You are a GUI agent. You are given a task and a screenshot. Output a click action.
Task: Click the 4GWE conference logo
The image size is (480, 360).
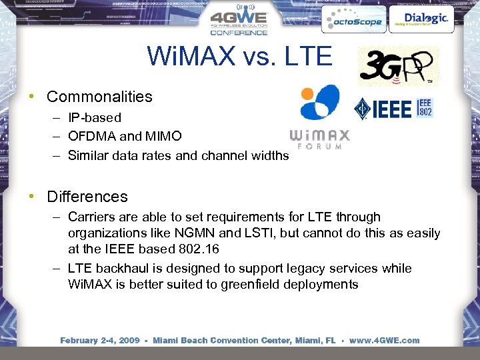[239, 22]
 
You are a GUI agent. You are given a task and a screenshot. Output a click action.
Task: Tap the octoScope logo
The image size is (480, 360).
[352, 20]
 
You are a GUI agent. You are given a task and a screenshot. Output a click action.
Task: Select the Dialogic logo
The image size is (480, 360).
[418, 19]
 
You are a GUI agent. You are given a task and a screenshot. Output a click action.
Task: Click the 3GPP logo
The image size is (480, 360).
[397, 66]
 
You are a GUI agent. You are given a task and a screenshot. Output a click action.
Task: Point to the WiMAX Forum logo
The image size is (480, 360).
[320, 116]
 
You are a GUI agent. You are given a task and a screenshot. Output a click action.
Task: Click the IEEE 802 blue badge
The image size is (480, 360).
[425, 108]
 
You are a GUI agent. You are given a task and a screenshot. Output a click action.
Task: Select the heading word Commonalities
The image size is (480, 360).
[99, 97]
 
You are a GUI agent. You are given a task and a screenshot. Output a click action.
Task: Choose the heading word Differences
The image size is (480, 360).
[87, 197]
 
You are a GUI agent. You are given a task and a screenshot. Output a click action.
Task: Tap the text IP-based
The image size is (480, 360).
[95, 118]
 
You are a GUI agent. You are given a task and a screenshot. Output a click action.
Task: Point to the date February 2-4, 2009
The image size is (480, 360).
[99, 340]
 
